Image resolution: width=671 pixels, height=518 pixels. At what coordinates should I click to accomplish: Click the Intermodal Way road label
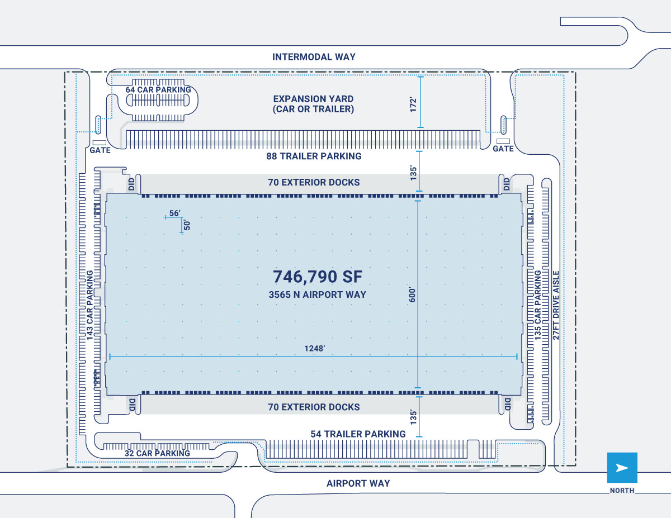point(314,57)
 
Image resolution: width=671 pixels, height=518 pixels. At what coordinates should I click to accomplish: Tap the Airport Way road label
point(358,483)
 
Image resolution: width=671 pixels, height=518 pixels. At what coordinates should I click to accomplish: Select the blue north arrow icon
point(622,467)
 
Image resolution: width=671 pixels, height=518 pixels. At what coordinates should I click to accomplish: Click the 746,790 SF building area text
point(318,277)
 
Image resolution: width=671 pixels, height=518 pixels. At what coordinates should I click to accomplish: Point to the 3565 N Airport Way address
point(317,294)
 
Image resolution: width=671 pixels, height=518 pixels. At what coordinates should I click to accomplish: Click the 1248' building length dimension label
point(315,348)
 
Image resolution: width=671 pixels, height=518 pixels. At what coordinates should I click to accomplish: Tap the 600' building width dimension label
point(412,295)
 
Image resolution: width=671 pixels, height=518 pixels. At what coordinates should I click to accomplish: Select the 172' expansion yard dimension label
point(413,105)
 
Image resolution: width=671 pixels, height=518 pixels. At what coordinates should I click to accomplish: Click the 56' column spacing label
point(175,213)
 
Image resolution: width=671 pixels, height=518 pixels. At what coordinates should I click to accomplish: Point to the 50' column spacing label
point(187,225)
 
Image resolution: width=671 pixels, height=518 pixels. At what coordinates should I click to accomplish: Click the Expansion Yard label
point(314,104)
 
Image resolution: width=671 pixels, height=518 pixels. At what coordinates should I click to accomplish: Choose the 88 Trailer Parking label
point(314,156)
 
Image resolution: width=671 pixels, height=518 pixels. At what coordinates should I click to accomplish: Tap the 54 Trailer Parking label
point(358,434)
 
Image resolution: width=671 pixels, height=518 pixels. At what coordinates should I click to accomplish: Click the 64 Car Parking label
point(158,89)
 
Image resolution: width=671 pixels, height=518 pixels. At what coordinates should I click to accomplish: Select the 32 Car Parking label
point(157,453)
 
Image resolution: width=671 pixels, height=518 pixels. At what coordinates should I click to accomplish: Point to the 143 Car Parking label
point(89,306)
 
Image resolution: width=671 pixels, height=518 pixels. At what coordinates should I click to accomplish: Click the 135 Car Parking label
point(537,306)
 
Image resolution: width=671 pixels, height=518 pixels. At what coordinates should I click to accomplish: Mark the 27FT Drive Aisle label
point(556,306)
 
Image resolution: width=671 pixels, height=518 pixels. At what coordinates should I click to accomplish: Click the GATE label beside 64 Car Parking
point(100,150)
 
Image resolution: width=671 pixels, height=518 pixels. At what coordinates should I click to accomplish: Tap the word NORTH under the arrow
point(622,491)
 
